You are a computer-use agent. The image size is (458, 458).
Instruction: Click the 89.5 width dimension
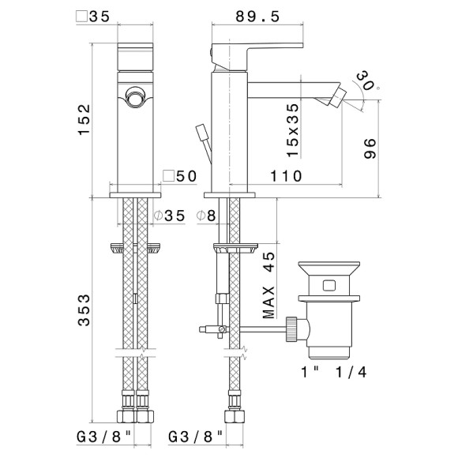tap(257, 17)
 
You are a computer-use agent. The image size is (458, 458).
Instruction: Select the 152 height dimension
tap(84, 119)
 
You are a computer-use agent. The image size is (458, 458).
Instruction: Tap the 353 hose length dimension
tap(84, 310)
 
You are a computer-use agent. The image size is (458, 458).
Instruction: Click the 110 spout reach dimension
tap(286, 176)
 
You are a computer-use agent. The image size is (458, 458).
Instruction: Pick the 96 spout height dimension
tap(370, 148)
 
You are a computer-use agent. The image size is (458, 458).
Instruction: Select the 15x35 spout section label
tap(293, 130)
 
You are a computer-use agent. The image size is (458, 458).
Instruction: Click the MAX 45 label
tap(268, 285)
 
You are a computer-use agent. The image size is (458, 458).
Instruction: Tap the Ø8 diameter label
tap(206, 216)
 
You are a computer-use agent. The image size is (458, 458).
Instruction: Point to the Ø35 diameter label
tap(170, 216)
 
